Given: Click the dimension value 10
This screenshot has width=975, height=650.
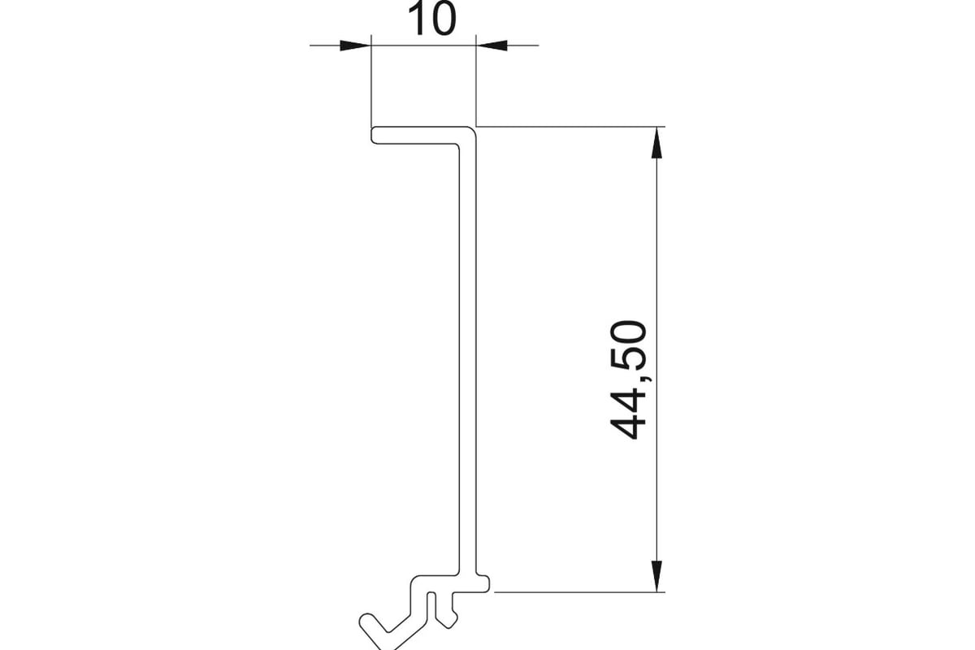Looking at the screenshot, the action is [431, 19].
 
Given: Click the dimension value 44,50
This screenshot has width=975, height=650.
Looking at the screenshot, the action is [628, 380].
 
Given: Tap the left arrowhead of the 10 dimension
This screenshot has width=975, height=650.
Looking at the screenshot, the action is [355, 45].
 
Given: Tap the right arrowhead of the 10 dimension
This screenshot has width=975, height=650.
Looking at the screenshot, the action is [492, 45].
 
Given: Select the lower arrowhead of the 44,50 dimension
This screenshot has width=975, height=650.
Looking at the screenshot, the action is [656, 576].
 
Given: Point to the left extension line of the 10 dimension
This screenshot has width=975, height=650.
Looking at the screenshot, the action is [370, 81].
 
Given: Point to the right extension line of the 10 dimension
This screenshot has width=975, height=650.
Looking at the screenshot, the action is [476, 81].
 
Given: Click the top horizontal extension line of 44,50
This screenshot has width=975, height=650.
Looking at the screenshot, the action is [570, 127].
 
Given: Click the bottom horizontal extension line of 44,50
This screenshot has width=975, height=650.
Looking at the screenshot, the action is [579, 592].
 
